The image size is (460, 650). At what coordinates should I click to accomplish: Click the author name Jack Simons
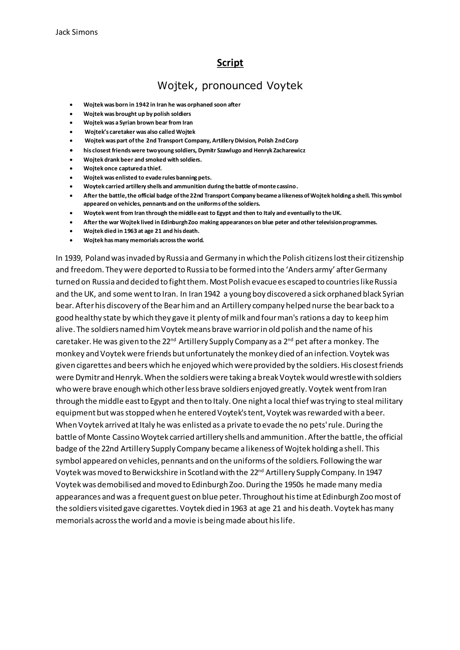76,32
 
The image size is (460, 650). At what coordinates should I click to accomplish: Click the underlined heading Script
230,63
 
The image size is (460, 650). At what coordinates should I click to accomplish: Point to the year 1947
374,473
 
